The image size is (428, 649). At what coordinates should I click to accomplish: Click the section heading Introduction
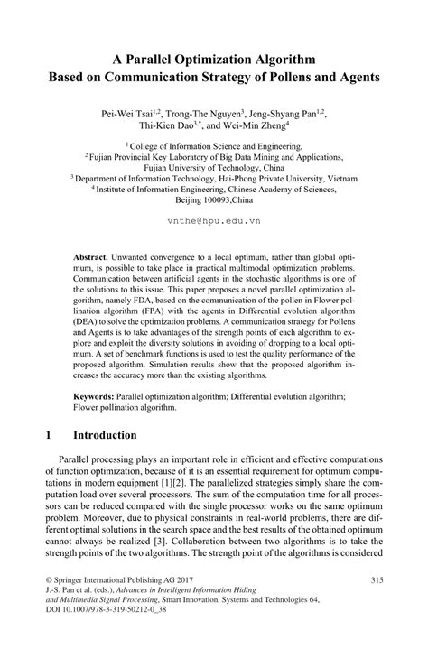[105, 435]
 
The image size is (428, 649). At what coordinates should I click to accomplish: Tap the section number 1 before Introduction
[48, 435]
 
